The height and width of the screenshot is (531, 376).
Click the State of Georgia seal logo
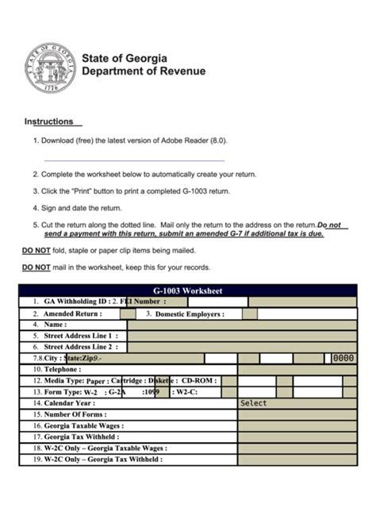[49, 67]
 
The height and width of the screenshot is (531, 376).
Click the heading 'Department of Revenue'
[144, 71]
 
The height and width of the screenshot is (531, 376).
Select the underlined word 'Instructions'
[52, 122]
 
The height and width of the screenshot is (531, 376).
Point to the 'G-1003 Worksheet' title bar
[187, 291]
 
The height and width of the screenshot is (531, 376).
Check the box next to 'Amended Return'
[127, 314]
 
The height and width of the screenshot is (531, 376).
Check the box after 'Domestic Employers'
[249, 314]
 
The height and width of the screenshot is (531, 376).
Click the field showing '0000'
[343, 358]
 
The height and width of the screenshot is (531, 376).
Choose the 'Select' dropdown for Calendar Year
[297, 403]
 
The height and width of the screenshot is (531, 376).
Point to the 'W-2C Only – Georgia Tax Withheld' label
[103, 459]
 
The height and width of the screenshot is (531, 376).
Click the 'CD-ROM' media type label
[198, 380]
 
